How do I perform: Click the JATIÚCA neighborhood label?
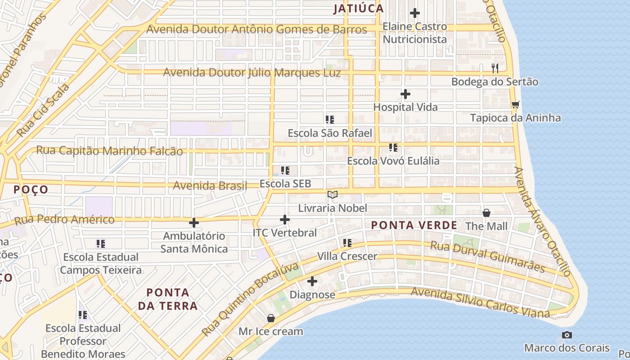(x=358, y=9)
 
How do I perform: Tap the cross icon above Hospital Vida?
(x=405, y=94)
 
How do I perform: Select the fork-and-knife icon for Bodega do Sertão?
(x=495, y=68)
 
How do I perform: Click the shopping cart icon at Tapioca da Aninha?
(x=515, y=104)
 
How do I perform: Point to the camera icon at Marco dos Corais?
(x=567, y=335)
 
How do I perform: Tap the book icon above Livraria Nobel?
(x=333, y=194)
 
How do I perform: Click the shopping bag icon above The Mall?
(x=486, y=212)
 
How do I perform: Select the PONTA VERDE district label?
(x=414, y=225)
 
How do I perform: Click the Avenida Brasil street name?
(x=210, y=185)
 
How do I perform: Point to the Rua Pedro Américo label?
(x=64, y=220)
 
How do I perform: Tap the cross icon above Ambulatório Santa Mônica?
(x=194, y=223)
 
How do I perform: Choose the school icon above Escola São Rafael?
(x=330, y=120)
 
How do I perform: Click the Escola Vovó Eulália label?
(x=393, y=161)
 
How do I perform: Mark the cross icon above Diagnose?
(x=312, y=282)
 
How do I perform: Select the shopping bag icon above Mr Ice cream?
(x=271, y=318)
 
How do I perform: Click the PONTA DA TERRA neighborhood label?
(x=168, y=299)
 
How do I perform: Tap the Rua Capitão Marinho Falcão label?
(x=109, y=151)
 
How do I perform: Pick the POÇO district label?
(x=31, y=189)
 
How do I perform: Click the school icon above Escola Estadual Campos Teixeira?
(x=101, y=244)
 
